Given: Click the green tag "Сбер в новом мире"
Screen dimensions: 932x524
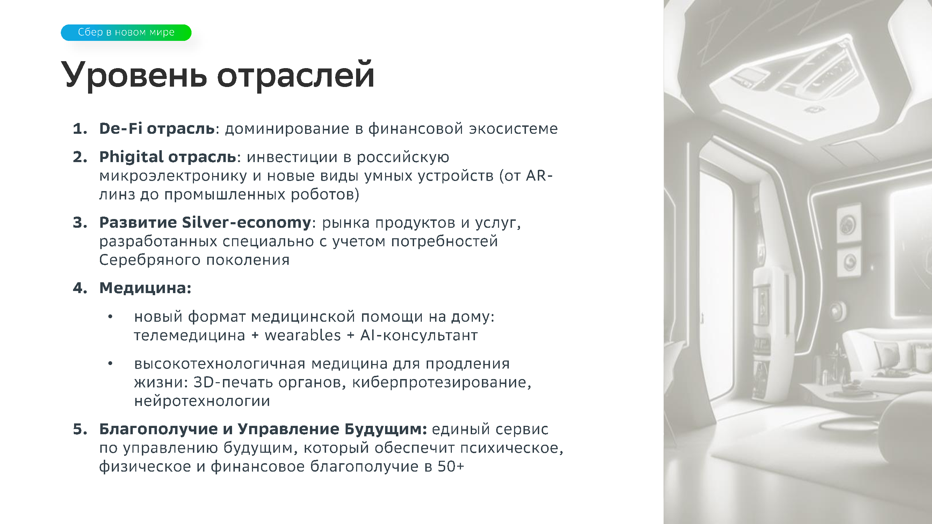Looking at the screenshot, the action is coord(126,32).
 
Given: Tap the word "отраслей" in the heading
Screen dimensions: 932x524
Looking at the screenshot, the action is coord(296,75).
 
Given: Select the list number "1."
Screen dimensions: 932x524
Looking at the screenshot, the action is coord(80,129).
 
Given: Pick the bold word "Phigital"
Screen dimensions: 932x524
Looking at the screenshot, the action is coord(132,157).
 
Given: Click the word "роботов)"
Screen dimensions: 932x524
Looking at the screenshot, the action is coord(325,195).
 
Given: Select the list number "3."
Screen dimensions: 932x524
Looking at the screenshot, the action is coord(80,223).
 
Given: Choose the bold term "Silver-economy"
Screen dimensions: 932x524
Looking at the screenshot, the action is coord(246,223).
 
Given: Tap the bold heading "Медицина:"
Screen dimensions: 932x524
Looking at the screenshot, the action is coord(145,288).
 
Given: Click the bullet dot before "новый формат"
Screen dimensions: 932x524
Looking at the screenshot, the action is coord(110,317).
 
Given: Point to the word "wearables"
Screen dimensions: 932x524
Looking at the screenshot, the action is coord(303,335).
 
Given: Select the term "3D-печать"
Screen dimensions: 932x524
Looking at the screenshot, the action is coord(233,382).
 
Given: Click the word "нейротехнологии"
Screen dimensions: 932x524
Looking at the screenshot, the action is coord(202,401).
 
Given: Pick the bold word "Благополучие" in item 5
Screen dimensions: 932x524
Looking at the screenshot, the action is coord(158,429).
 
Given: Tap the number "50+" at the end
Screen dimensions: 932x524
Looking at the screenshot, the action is coord(450,466).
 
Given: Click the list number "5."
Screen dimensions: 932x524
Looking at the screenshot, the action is coord(80,430).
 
